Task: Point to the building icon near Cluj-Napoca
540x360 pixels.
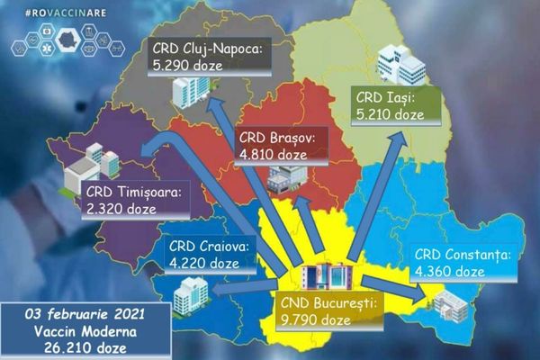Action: pos(190,88)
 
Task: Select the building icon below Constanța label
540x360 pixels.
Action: pos(447,306)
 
